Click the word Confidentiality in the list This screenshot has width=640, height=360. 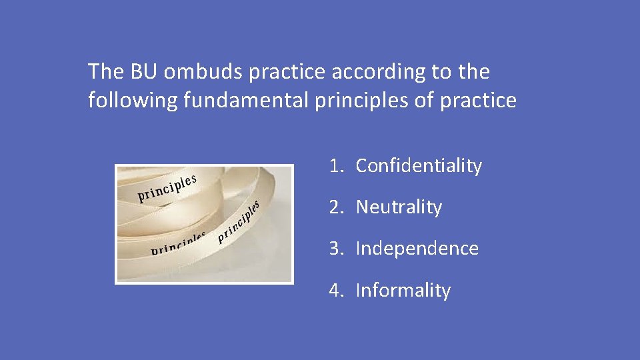pos(419,166)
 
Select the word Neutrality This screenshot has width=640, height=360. pos(399,207)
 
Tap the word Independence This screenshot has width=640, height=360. pos(417,249)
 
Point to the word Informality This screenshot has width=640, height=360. pos(403,291)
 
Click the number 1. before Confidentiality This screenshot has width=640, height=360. pos(335,166)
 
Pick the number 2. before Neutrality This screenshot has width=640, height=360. pos(335,207)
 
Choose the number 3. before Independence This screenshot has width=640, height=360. pos(335,249)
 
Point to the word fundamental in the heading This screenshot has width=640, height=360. pos(257,101)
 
